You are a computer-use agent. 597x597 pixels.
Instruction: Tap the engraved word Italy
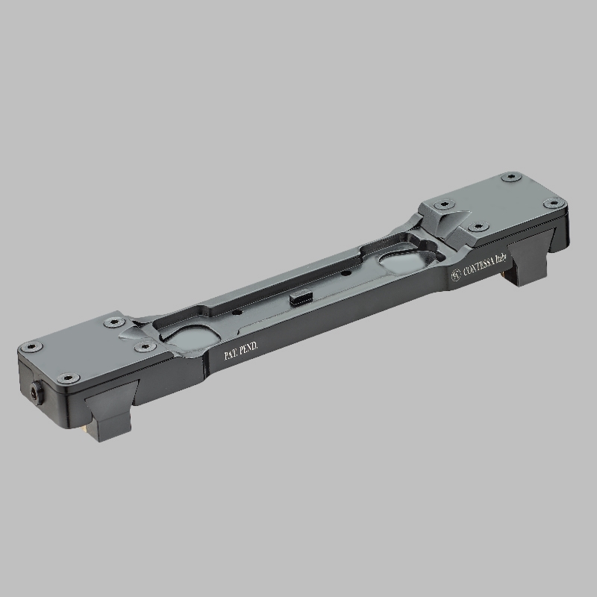[501, 259]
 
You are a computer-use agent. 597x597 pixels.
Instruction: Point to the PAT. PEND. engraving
[241, 351]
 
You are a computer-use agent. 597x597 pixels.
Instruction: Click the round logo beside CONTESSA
[456, 275]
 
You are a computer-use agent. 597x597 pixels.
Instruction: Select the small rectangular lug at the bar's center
[301, 297]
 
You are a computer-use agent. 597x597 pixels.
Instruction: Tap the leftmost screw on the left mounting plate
[32, 347]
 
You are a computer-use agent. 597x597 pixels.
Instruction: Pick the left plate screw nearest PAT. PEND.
[145, 346]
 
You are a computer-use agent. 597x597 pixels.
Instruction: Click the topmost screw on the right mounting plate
[510, 177]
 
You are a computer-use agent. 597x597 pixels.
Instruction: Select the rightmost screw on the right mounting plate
[554, 203]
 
